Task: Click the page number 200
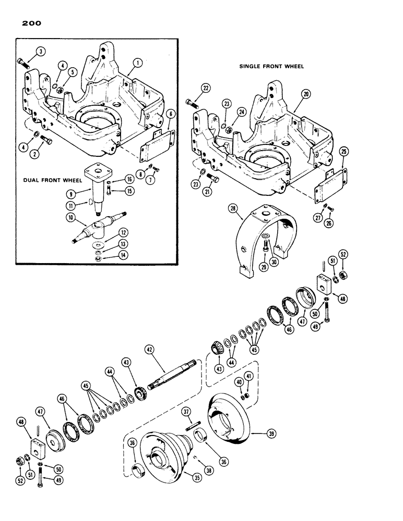(x=32, y=23)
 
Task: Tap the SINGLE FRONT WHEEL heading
(x=271, y=67)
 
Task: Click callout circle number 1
(x=137, y=63)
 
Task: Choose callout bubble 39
(x=271, y=433)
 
